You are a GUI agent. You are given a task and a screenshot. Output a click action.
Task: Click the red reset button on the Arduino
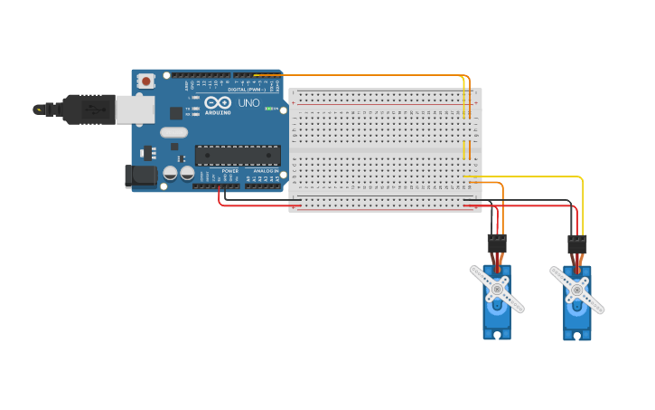click(145, 81)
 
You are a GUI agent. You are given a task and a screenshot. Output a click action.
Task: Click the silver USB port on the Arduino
click(135, 109)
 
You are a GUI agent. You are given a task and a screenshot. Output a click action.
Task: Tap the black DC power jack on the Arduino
click(138, 176)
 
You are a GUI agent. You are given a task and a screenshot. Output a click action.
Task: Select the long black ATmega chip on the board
click(238, 155)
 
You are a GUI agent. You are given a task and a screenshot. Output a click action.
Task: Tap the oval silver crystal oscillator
click(174, 132)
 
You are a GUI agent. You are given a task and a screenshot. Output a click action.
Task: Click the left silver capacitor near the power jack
click(170, 172)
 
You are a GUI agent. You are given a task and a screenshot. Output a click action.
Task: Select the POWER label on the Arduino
click(230, 170)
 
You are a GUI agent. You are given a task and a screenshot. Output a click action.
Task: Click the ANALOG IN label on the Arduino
click(266, 170)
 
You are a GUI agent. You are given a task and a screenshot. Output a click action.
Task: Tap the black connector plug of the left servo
click(497, 243)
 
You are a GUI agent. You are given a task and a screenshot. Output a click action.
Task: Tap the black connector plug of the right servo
click(576, 244)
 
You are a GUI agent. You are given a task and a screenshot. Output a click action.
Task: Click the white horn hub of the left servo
click(496, 290)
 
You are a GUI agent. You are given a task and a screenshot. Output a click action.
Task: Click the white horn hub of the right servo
click(576, 291)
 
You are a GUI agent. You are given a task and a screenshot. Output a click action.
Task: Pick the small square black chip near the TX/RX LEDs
click(176, 113)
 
